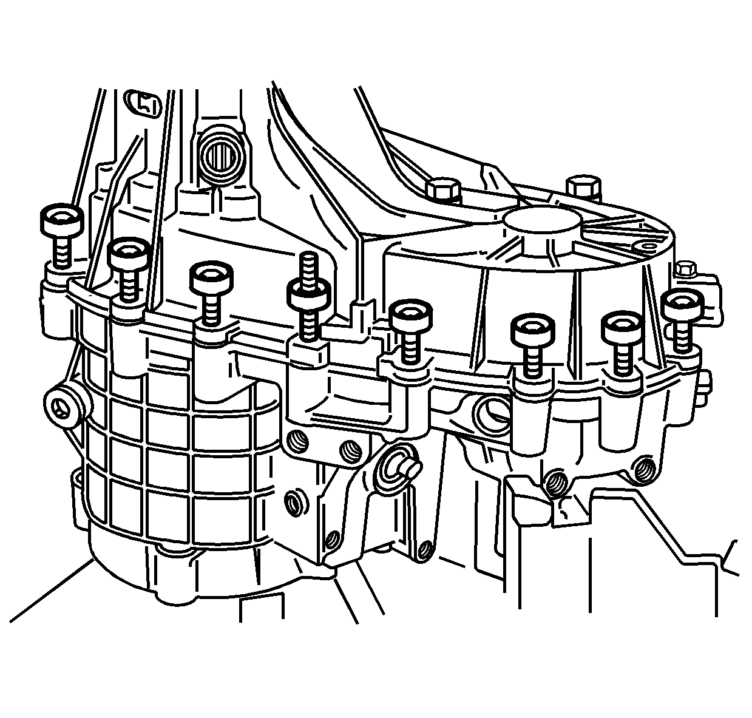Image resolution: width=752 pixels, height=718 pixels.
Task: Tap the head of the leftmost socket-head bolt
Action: click(x=61, y=222)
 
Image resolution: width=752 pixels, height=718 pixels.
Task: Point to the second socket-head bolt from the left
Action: click(x=129, y=254)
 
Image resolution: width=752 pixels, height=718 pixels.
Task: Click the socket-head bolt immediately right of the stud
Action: click(x=410, y=315)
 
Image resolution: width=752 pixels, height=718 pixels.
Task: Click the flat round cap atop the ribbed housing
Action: click(x=541, y=223)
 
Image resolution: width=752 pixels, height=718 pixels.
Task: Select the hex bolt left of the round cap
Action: click(x=442, y=188)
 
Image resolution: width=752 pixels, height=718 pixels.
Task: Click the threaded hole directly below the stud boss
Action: click(x=297, y=440)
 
